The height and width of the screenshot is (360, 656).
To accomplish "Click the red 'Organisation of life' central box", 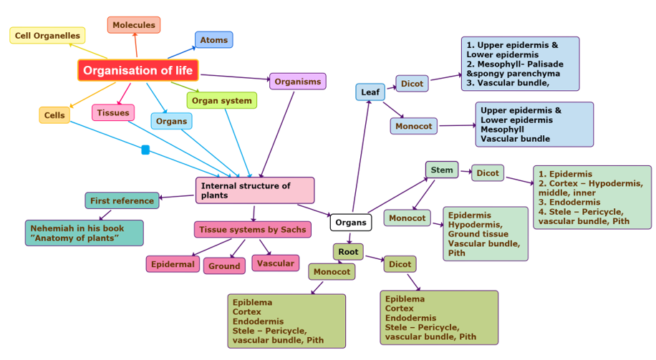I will [x=138, y=70].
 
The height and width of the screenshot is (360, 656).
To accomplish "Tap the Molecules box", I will [x=134, y=25].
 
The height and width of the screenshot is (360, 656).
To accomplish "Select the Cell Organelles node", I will [x=48, y=35].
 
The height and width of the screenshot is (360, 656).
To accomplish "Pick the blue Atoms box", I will [x=213, y=40].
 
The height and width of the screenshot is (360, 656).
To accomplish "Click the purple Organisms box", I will [x=297, y=82].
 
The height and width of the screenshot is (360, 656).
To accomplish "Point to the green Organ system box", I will [x=221, y=101].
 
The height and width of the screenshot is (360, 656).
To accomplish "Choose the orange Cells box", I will [x=54, y=115].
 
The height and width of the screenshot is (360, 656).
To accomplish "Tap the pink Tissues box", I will [x=113, y=112].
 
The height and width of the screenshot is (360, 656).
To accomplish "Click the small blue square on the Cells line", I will [x=145, y=150].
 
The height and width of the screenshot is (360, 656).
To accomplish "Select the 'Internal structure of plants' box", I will [x=254, y=190].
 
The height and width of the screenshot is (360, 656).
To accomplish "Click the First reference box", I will [x=122, y=201].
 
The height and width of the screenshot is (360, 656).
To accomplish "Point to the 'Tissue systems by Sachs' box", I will [x=253, y=230].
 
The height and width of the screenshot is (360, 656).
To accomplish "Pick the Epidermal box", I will [x=173, y=264].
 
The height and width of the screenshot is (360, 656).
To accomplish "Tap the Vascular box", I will [x=275, y=263].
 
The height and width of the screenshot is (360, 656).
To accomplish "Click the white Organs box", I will [x=351, y=223].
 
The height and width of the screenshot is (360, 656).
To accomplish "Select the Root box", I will [x=348, y=252].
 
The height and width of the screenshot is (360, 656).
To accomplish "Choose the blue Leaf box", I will [x=370, y=92].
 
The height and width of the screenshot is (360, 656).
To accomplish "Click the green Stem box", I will [x=442, y=170].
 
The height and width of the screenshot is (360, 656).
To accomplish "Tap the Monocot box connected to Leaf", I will [x=413, y=126].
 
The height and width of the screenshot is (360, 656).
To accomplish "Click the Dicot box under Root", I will [x=400, y=264].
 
